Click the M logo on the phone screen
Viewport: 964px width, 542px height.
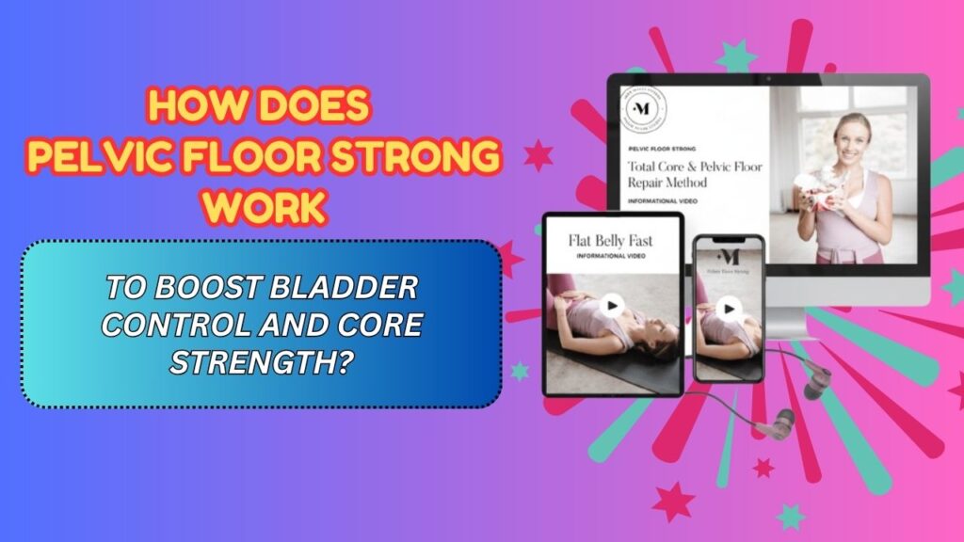pyautogui.click(x=728, y=255)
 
